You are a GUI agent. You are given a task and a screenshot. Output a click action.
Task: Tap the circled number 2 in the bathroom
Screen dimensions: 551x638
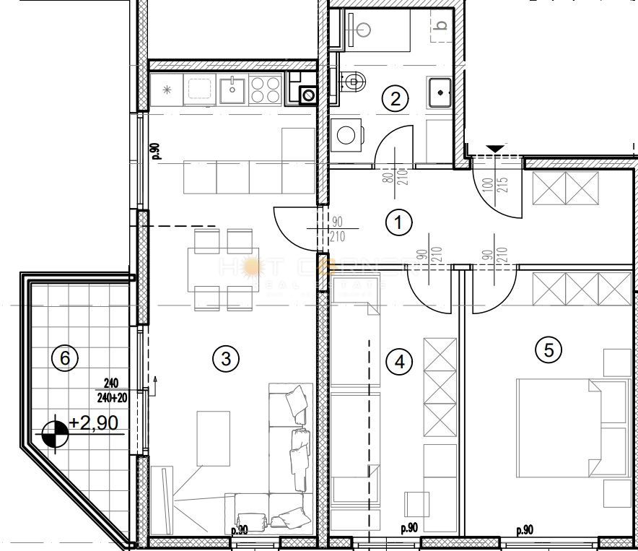[394, 98]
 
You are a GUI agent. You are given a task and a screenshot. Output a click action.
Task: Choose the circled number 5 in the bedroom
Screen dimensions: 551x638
[549, 350]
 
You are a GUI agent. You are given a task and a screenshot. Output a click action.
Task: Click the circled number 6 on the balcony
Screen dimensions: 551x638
[64, 357]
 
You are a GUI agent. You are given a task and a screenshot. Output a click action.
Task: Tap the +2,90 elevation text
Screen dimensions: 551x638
[94, 422]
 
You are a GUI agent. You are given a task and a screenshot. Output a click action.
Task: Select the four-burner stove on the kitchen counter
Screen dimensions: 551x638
[266, 90]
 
